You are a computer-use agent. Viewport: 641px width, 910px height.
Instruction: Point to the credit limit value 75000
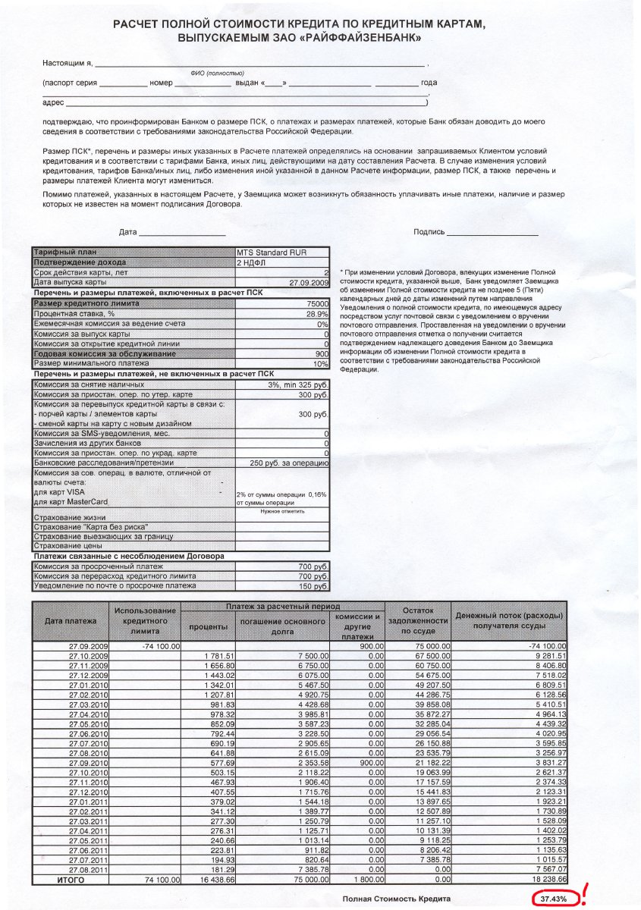tap(316, 303)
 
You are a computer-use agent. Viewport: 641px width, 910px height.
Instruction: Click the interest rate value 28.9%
tap(316, 313)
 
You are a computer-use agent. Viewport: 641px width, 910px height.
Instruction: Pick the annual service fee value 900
tap(322, 353)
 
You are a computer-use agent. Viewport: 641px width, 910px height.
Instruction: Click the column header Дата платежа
tap(71, 621)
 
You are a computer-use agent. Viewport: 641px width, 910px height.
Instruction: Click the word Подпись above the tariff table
tap(429, 231)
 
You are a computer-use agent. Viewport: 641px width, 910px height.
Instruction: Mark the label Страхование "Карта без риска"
tap(91, 526)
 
